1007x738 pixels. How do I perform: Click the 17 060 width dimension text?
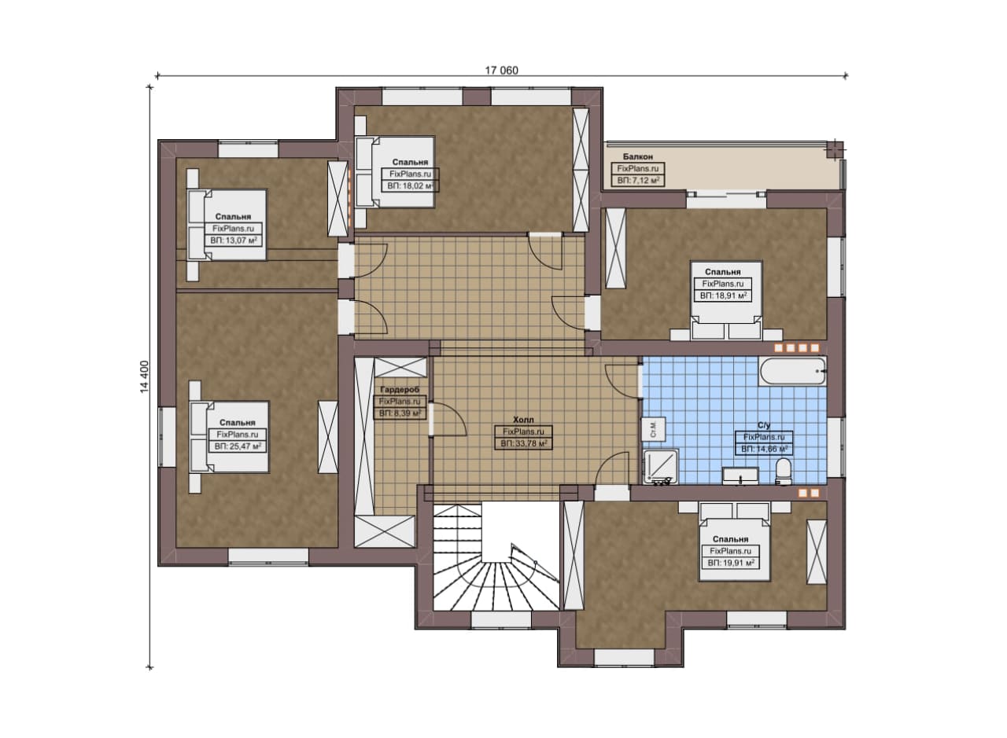[x=501, y=71]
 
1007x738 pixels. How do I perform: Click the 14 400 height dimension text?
[x=144, y=377]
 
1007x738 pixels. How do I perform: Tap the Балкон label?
[x=637, y=156]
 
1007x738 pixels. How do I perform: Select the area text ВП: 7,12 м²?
[x=638, y=181]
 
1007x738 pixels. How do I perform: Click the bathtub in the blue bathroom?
[x=792, y=371]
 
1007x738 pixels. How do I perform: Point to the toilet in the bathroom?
[x=784, y=472]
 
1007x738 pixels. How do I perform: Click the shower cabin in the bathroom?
[x=660, y=467]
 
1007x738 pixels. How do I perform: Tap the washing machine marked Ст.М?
[x=653, y=429]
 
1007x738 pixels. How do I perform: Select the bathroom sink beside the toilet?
[x=740, y=475]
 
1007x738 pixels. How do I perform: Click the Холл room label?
[x=523, y=420]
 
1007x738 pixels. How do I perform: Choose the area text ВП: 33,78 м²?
[x=523, y=444]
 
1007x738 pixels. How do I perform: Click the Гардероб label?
[x=400, y=390]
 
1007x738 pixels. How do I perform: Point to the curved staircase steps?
[x=496, y=580]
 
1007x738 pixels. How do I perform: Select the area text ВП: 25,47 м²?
[x=238, y=447]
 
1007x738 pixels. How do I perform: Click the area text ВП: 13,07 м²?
[x=234, y=240]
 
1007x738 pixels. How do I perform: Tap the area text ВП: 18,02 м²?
[x=410, y=186]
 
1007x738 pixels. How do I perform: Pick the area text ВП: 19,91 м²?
[x=731, y=563]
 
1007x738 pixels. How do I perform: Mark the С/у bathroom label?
[x=764, y=425]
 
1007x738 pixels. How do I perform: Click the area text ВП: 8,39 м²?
[x=400, y=413]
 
